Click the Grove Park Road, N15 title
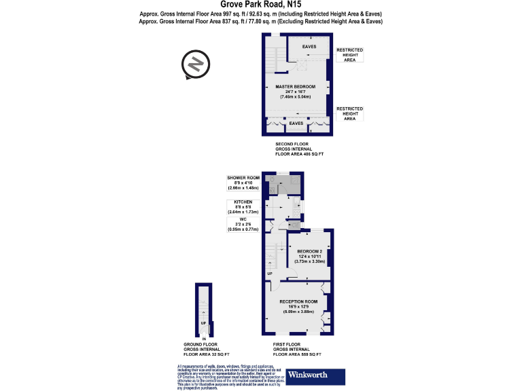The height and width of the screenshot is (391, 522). pos(260,5)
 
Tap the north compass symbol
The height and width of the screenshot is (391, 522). pos(194,65)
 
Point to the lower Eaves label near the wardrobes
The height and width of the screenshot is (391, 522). pos(296,124)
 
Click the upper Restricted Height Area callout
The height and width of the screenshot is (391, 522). pos(350,54)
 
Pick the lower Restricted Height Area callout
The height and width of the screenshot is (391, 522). pos(349,113)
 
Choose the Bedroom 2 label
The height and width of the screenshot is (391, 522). pos(310,256)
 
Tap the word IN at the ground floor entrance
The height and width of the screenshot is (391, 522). pos(204,338)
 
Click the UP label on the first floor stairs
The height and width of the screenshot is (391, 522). pos(270,274)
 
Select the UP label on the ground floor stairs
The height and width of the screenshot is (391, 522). pos(203,323)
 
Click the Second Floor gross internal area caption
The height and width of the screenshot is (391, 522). pos(299,149)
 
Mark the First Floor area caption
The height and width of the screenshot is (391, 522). pos(296,349)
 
